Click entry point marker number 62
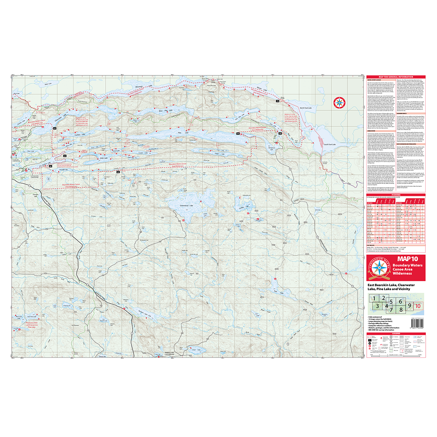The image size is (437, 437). coord(55,129)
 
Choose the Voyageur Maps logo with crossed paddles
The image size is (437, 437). coord(380,270)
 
